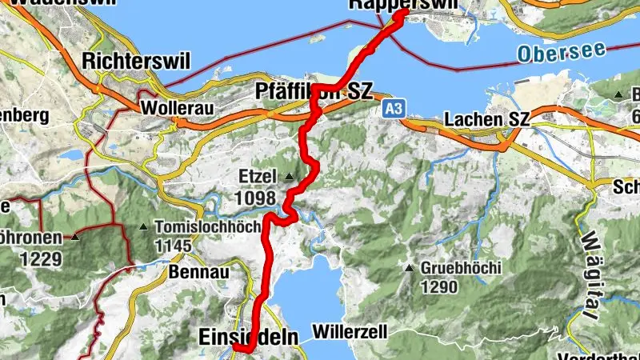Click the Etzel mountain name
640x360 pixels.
(x=256, y=175)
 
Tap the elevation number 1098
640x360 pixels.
(x=256, y=197)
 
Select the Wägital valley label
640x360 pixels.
(x=594, y=264)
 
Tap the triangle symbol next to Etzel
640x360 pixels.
(x=288, y=176)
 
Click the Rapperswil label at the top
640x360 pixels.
(x=404, y=6)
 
